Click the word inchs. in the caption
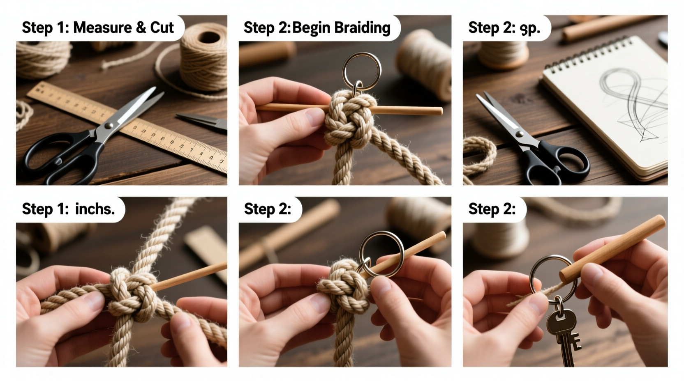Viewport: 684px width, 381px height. [95, 209]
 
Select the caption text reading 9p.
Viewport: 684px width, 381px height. [530, 28]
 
